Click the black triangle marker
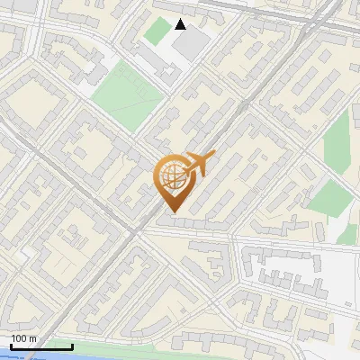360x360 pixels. (x=181, y=24)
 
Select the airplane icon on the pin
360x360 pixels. (x=200, y=164)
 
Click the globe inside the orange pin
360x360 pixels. (x=172, y=176)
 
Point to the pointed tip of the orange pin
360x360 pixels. (x=173, y=211)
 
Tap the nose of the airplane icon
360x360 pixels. (x=214, y=155)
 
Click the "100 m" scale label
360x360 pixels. (x=23, y=338)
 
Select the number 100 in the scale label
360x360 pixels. (x=19, y=338)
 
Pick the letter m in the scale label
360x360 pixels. (x=32, y=338)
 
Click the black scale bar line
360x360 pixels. (x=41, y=346)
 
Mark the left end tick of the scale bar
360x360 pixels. (x=11, y=345)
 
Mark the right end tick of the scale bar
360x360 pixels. (x=72, y=345)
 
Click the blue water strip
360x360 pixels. (x=36, y=355)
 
